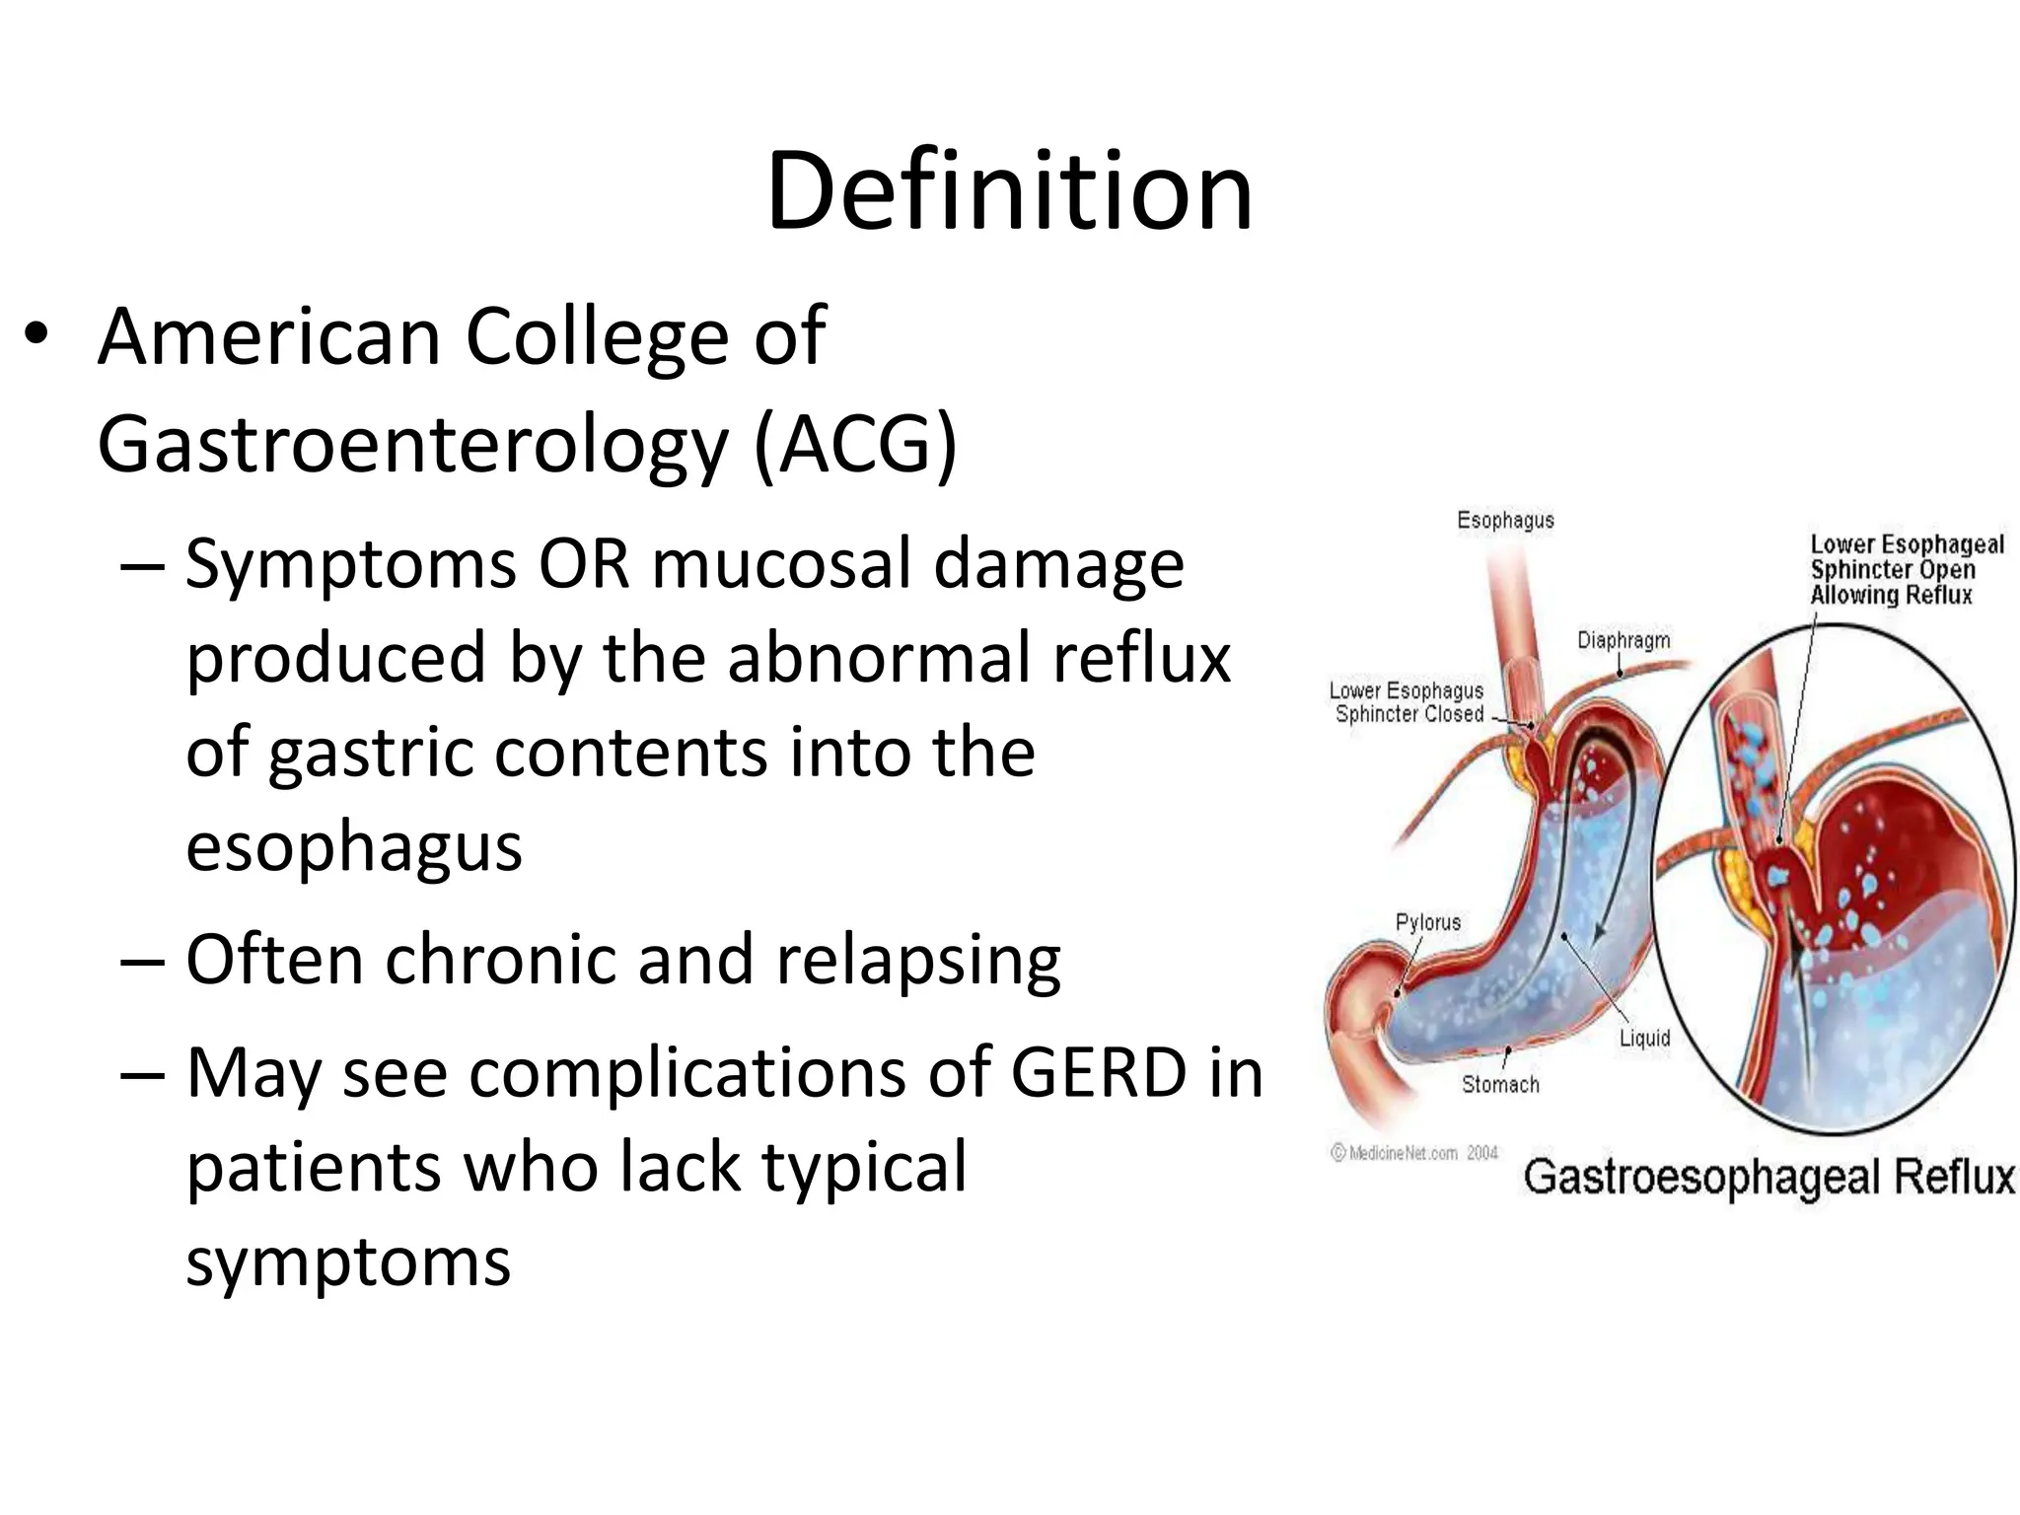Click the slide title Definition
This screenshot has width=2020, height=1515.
click(x=1009, y=190)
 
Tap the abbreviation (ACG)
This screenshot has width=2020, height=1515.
click(x=855, y=445)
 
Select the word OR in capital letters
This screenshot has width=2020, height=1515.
click(x=583, y=564)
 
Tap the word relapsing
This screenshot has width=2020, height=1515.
click(x=918, y=962)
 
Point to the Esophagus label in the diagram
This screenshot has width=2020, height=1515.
click(x=1505, y=521)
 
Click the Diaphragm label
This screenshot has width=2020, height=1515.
click(x=1623, y=640)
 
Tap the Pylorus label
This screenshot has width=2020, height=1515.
click(x=1427, y=922)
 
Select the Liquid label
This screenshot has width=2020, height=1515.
click(x=1644, y=1038)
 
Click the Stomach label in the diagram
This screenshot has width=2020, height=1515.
click(x=1500, y=1085)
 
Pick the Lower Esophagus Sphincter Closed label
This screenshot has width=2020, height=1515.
click(x=1407, y=702)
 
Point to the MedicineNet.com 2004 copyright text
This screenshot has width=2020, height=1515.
click(x=1414, y=1153)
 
